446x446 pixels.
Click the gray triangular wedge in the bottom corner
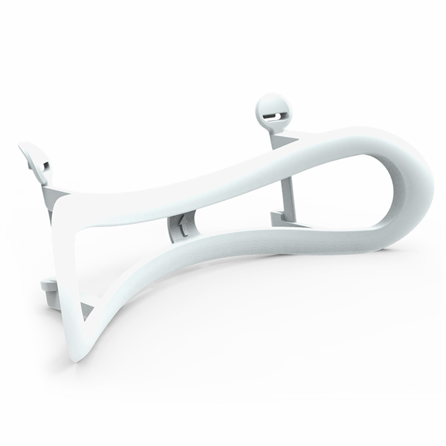(x=85, y=311)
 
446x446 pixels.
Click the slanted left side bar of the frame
(x=63, y=268)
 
